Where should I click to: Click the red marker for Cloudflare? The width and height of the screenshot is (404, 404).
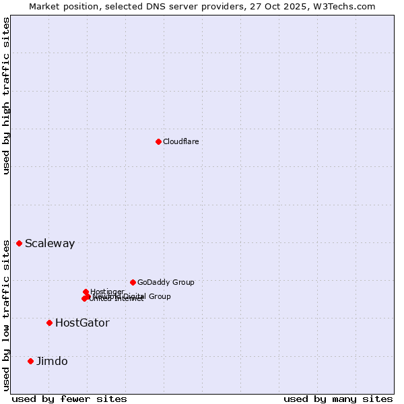coord(158,141)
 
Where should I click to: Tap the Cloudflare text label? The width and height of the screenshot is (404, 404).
coord(180,141)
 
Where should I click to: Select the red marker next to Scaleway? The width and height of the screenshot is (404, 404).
coord(19,243)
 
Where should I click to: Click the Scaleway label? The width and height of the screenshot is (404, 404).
coord(50,244)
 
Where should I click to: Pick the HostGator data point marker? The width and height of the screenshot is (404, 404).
coord(49,323)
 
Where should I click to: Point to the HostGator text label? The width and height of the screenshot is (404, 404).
coord(82,323)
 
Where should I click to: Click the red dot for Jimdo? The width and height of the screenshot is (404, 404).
coord(30,361)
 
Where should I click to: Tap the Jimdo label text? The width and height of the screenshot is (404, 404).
coord(52,362)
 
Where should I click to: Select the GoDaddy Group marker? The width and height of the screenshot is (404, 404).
coord(133,282)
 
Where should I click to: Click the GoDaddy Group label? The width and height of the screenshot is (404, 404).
coord(166,283)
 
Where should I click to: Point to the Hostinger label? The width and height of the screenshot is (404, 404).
coord(107,292)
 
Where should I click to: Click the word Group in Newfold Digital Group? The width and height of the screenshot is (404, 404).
coord(160,296)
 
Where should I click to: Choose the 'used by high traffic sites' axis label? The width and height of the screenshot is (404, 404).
coord(6,96)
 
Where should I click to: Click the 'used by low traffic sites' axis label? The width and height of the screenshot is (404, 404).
coord(6,315)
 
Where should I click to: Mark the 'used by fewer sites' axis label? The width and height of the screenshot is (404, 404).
coord(69,399)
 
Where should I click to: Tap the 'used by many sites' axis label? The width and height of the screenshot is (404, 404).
coord(338,399)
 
